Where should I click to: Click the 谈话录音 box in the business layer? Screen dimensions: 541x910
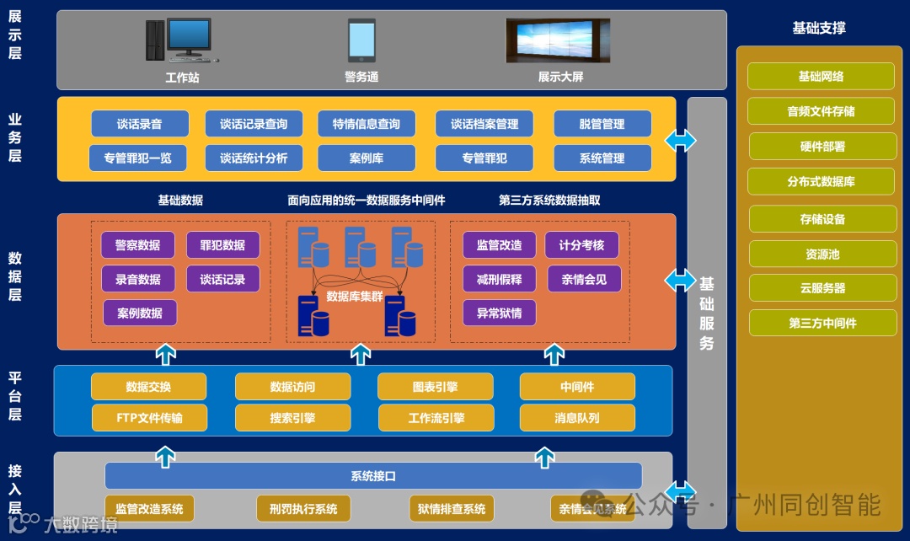click(x=139, y=124)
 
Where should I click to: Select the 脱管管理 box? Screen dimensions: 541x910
click(x=602, y=124)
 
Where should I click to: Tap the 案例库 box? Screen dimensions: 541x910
click(x=367, y=158)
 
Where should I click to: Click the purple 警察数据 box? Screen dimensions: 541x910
click(x=137, y=245)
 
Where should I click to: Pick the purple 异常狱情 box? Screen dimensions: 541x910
click(x=499, y=313)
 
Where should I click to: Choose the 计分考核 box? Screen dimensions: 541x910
click(x=581, y=245)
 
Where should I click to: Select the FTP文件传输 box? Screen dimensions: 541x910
click(x=149, y=418)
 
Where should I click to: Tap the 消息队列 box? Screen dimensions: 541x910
click(x=577, y=418)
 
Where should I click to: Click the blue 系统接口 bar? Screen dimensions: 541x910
click(x=373, y=476)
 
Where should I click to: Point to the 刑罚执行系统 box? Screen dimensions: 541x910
click(x=303, y=509)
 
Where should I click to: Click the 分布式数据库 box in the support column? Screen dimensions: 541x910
click(x=822, y=182)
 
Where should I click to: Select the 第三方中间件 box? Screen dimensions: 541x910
click(x=822, y=323)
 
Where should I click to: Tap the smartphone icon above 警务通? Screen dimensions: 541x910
click(x=361, y=40)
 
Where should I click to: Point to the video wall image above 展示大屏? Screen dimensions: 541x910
click(x=557, y=40)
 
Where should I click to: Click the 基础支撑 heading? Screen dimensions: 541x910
click(x=819, y=28)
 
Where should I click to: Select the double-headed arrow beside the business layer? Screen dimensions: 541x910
click(x=680, y=140)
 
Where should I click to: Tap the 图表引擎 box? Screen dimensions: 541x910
click(x=435, y=387)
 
